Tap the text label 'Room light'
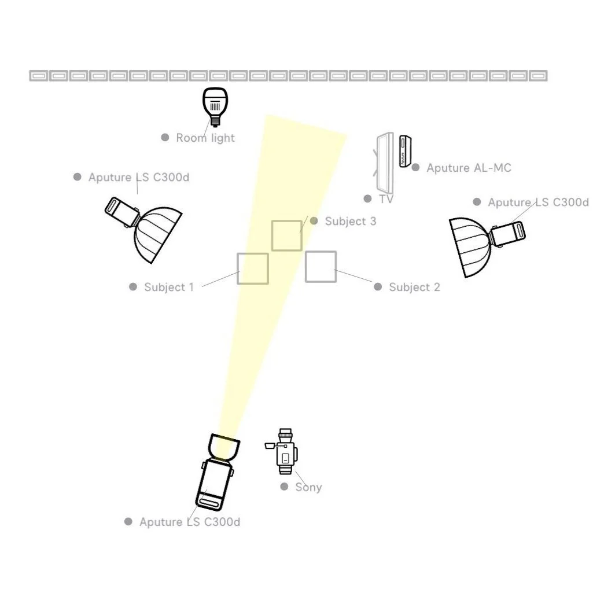click(x=205, y=138)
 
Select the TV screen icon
click(x=384, y=163)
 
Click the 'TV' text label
click(x=386, y=199)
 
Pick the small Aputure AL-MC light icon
click(x=404, y=152)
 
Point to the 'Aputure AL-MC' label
click(x=469, y=168)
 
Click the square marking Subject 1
click(x=253, y=268)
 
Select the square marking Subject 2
click(x=321, y=266)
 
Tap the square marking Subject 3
click(x=286, y=235)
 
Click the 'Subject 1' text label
click(x=169, y=287)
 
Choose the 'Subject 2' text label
click(x=414, y=287)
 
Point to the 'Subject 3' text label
click(x=351, y=221)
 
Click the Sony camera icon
click(x=285, y=451)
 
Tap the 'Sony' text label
click(x=308, y=487)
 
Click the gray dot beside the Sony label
click(x=284, y=487)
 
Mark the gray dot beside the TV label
click(x=367, y=199)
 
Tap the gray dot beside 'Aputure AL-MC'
click(x=415, y=168)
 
